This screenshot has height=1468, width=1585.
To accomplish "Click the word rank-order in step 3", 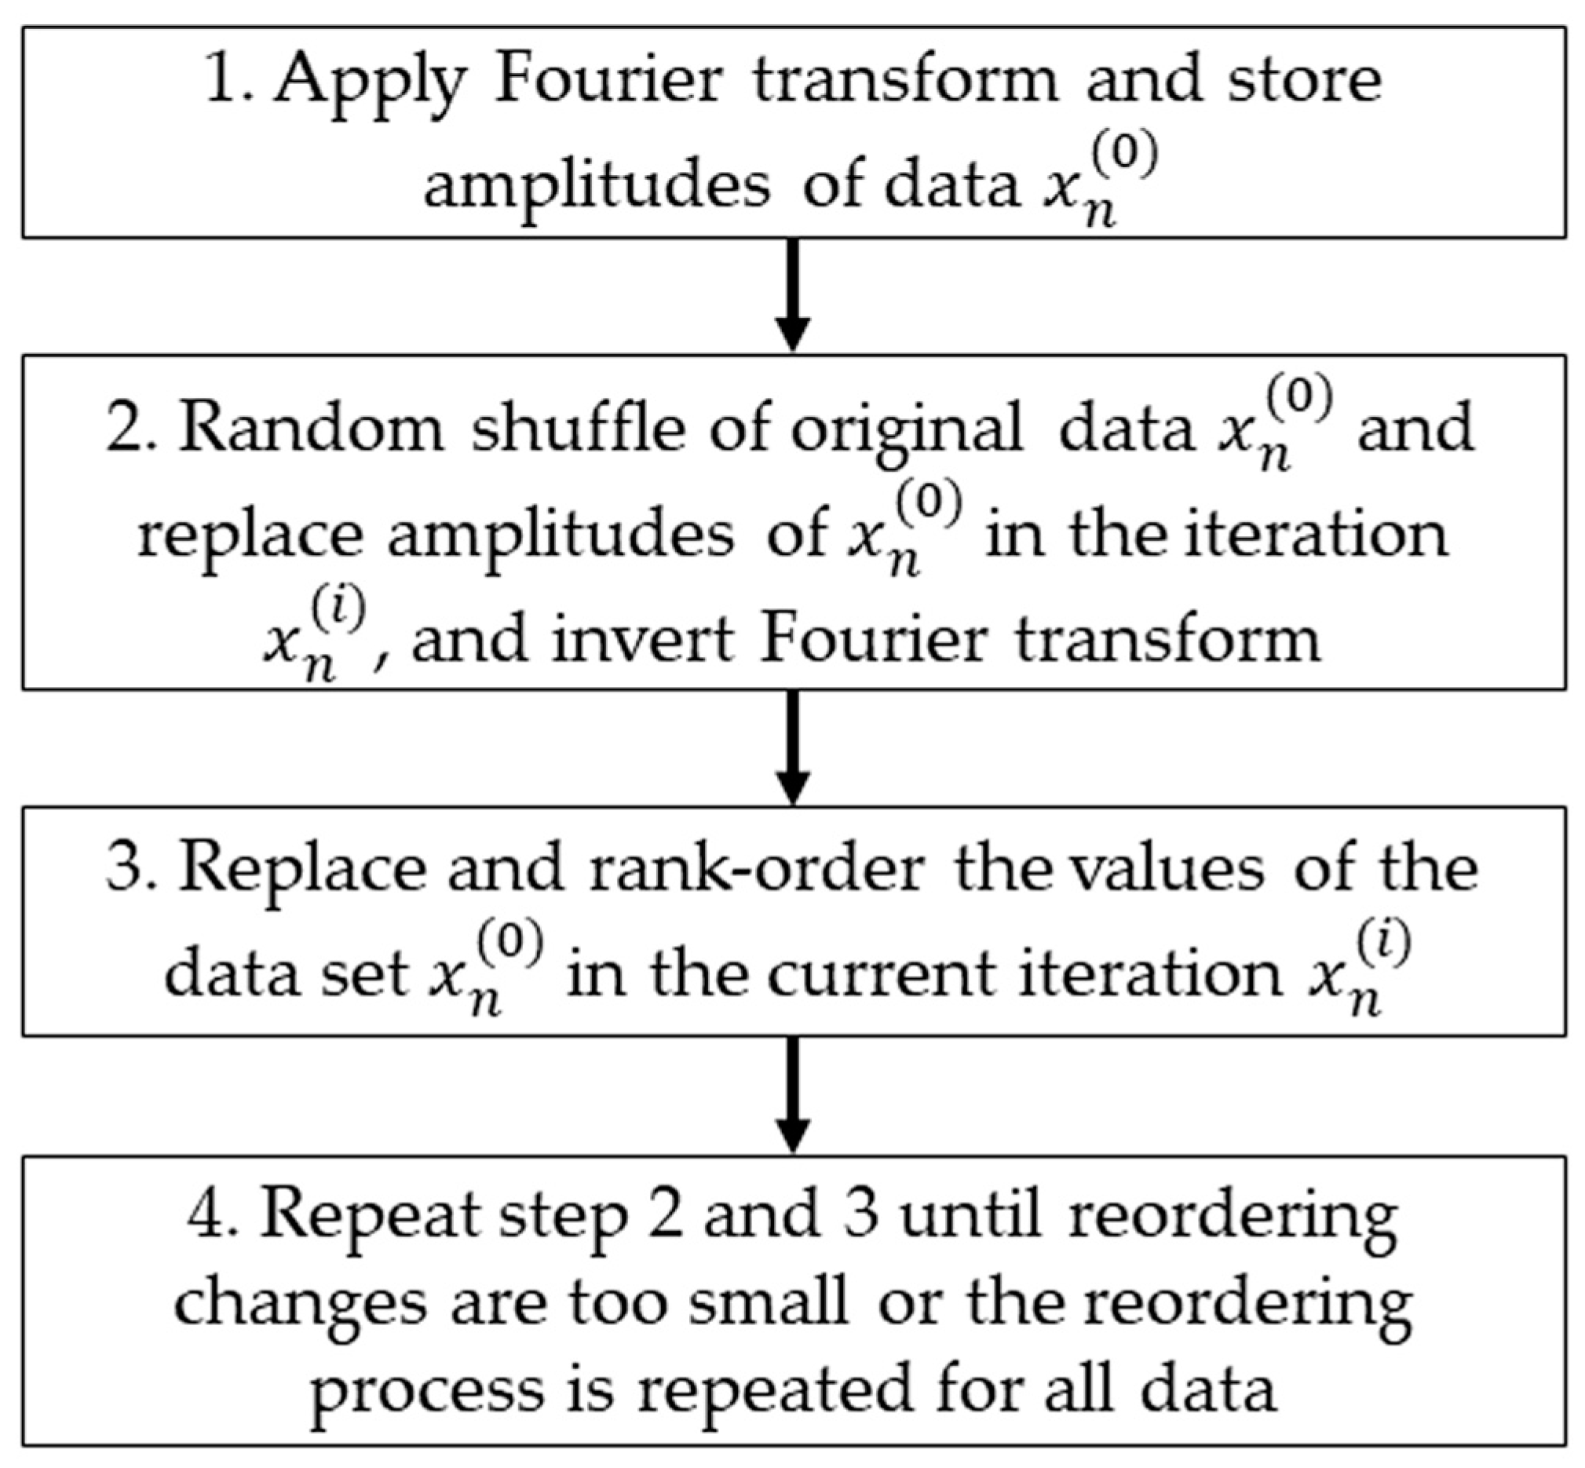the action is pos(756,868).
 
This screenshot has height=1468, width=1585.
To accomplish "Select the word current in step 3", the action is pos(879,975).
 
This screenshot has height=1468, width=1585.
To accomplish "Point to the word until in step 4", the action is pos(970,1214).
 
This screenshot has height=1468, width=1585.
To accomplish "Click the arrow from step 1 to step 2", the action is pos(792,294).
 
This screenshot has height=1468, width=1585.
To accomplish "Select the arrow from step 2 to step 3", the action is pos(792,747).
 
